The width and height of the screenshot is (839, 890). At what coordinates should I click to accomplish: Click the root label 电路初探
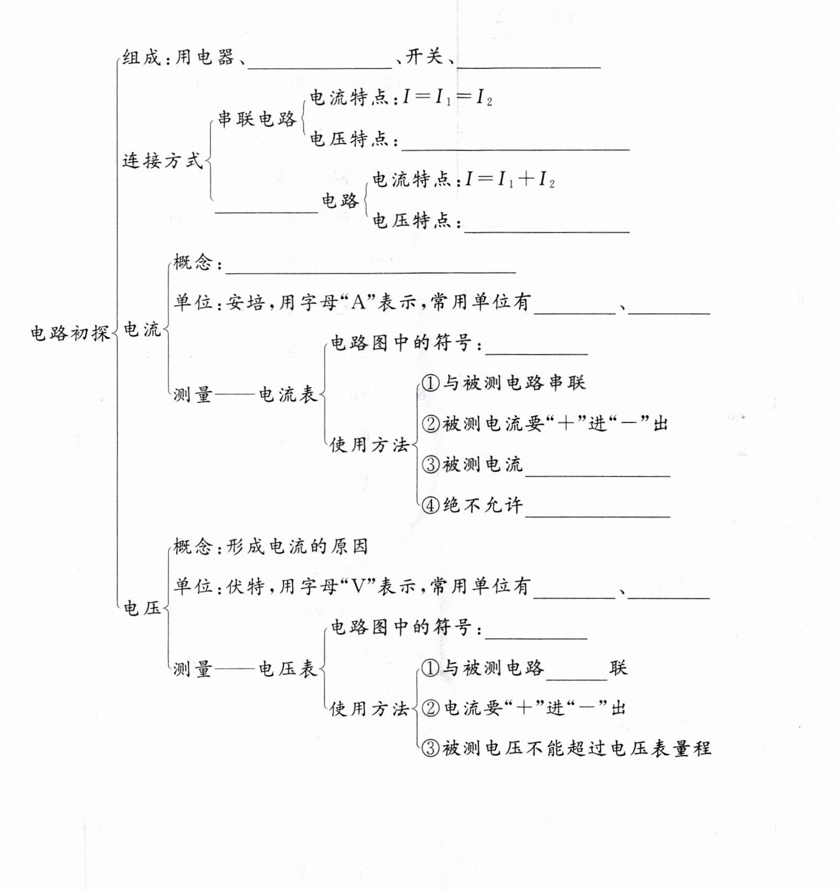(70, 333)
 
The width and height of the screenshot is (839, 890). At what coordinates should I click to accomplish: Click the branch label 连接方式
(162, 161)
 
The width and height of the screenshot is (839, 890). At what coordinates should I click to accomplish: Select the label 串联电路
(257, 119)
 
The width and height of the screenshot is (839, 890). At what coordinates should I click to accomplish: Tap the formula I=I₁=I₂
(448, 97)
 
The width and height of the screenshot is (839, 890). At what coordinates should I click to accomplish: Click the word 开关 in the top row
(424, 56)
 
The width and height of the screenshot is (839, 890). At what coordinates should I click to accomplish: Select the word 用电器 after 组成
(205, 57)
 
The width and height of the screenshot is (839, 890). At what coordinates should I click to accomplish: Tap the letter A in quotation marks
(358, 302)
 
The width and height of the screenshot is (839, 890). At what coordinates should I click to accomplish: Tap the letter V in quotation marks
(358, 586)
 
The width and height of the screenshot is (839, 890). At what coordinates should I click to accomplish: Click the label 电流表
(288, 394)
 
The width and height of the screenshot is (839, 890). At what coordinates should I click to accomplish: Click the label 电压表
(288, 669)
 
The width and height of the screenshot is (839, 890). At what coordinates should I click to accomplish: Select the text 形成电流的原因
(297, 547)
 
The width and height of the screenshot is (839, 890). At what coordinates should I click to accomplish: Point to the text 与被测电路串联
(514, 383)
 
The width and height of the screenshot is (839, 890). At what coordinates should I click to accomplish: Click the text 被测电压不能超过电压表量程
(577, 748)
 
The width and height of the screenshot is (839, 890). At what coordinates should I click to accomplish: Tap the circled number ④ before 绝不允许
(430, 505)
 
